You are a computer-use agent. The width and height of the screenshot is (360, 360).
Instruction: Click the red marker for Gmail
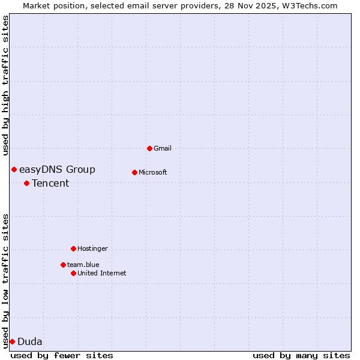pyautogui.click(x=149, y=148)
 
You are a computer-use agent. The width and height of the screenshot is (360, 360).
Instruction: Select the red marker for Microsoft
pyautogui.click(x=134, y=172)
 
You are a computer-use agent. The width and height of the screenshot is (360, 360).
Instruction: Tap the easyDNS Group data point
pyautogui.click(x=14, y=169)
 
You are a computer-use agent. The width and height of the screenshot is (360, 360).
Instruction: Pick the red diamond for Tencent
pyautogui.click(x=26, y=183)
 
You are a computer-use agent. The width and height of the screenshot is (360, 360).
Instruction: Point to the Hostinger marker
pyautogui.click(x=73, y=248)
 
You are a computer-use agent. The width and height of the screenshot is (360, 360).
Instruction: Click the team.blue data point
pyautogui.click(x=63, y=265)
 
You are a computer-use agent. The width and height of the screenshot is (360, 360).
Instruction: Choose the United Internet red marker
pyautogui.click(x=73, y=273)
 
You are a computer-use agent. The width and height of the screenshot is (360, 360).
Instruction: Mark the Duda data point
pyautogui.click(x=12, y=341)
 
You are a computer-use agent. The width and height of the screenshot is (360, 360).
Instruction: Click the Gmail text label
pyautogui.click(x=163, y=148)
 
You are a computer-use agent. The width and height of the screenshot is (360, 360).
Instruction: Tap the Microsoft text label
pyautogui.click(x=153, y=172)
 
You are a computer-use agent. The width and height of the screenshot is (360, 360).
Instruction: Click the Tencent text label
pyautogui.click(x=50, y=184)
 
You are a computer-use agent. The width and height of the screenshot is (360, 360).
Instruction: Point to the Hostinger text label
pyautogui.click(x=92, y=248)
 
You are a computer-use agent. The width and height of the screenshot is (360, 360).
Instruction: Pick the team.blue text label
pyautogui.click(x=83, y=265)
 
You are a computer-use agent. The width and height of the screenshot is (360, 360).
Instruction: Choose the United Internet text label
pyautogui.click(x=102, y=273)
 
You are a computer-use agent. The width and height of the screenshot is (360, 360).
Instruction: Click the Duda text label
pyautogui.click(x=30, y=342)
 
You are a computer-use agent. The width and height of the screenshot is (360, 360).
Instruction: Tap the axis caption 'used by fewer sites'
pyautogui.click(x=62, y=355)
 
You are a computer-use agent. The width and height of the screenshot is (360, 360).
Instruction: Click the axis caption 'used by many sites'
pyautogui.click(x=301, y=355)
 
